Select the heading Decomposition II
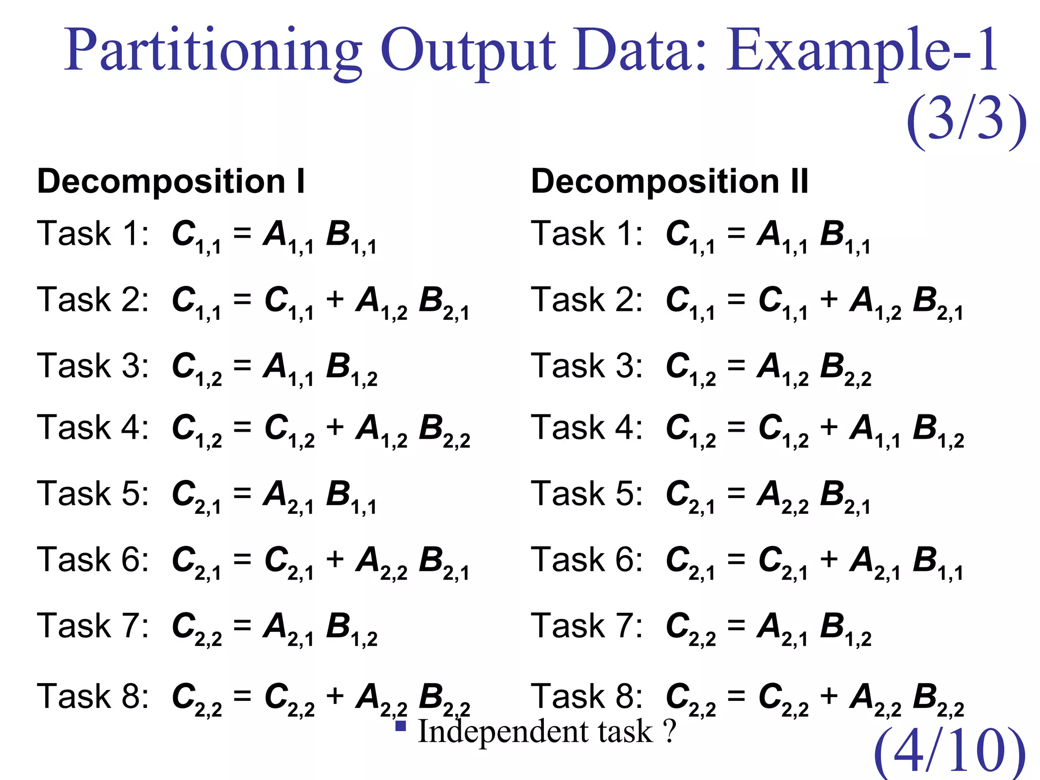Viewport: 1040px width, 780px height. click(669, 181)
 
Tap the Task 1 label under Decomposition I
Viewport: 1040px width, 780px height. click(93, 234)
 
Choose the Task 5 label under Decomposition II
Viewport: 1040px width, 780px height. click(587, 494)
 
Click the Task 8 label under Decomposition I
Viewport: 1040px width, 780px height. click(93, 696)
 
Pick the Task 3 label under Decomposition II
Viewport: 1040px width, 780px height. click(587, 366)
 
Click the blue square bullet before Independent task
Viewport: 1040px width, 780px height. click(401, 726)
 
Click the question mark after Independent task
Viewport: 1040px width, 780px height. click(670, 731)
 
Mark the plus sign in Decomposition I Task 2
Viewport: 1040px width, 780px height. click(335, 299)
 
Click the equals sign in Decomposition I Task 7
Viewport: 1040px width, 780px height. click(242, 626)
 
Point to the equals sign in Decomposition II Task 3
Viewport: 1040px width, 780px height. click(736, 366)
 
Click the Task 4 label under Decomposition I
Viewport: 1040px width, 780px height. click(93, 428)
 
